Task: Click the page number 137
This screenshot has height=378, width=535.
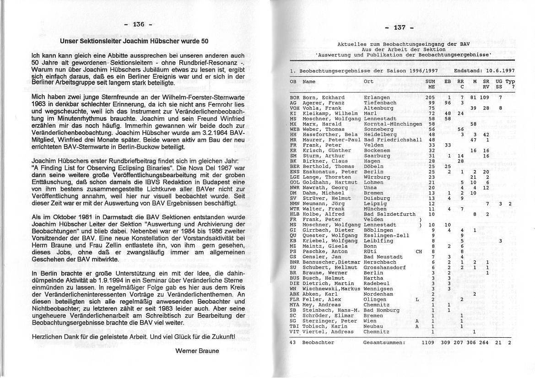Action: point(399,27)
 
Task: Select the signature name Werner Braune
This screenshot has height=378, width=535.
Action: point(197,351)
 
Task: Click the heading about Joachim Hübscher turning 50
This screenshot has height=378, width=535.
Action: point(135,41)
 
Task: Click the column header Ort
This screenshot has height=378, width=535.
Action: point(368,81)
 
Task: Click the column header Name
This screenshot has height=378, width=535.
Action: point(309,81)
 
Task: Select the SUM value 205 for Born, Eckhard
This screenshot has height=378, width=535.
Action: point(430,97)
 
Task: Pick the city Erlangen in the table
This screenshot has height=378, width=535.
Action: point(377,97)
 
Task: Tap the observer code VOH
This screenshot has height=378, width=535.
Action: point(295,108)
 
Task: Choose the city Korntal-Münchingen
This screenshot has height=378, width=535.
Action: point(393,124)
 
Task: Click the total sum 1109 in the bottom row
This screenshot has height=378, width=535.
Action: point(427,342)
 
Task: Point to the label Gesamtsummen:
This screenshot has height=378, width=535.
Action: point(384,342)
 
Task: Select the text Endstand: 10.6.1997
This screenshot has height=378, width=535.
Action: point(484,71)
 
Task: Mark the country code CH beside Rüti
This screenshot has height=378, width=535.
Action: point(418,251)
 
